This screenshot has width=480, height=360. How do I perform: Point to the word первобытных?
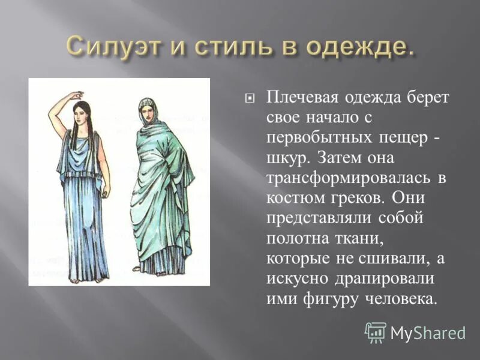pos(318,138)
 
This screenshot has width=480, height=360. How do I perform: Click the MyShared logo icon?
pos(376,332)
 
